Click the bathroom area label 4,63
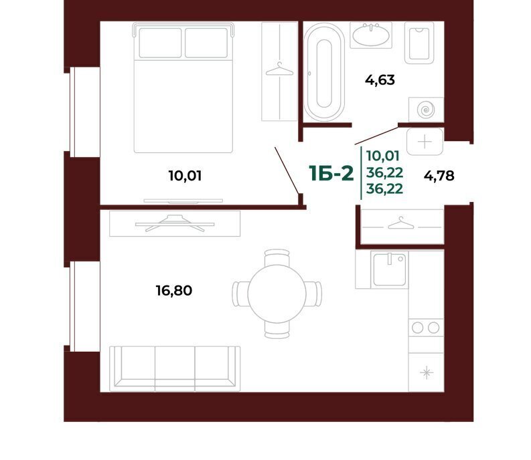tap(380, 80)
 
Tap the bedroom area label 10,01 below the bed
tap(185, 176)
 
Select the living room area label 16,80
tap(173, 291)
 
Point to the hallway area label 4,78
tap(439, 176)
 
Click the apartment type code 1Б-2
tap(331, 174)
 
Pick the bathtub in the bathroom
tap(324, 72)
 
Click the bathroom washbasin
tap(371, 35)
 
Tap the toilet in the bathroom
tap(419, 43)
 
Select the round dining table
tap(277, 294)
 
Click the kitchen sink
tap(390, 269)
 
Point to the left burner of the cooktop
tap(417, 328)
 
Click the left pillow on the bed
tap(160, 43)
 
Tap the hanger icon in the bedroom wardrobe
tap(279, 69)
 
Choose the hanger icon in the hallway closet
tap(401, 223)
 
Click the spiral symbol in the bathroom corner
tap(426, 110)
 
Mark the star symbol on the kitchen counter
tap(427, 372)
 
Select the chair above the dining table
tap(277, 257)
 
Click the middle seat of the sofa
tap(175, 367)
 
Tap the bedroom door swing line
tap(287, 170)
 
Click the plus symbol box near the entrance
tap(425, 142)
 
